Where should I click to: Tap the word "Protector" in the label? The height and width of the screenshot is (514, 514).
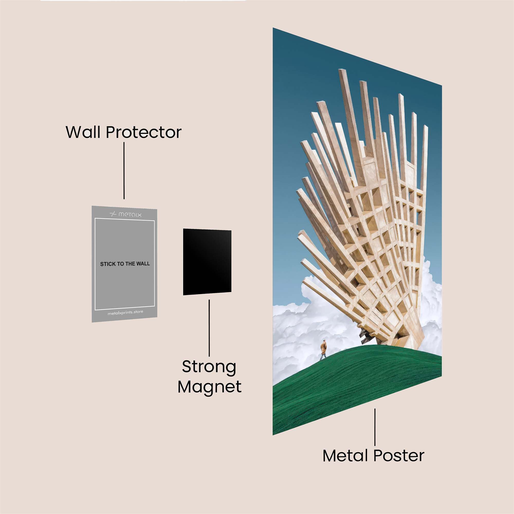[x=144, y=132]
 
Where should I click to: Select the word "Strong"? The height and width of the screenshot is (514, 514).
[x=209, y=367]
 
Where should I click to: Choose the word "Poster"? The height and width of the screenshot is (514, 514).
[x=399, y=456]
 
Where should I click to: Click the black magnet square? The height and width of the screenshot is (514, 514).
[x=207, y=262]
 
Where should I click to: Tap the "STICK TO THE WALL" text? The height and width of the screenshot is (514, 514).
[x=125, y=264]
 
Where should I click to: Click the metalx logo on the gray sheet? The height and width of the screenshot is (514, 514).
[x=126, y=214]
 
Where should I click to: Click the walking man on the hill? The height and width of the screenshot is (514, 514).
[x=323, y=350]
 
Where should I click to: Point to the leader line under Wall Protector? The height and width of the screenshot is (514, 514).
[x=124, y=171]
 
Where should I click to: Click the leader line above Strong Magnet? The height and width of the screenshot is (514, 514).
[x=209, y=328]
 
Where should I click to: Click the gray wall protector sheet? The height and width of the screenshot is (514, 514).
[x=124, y=264]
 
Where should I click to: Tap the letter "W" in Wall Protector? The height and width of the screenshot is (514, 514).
[x=75, y=132]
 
